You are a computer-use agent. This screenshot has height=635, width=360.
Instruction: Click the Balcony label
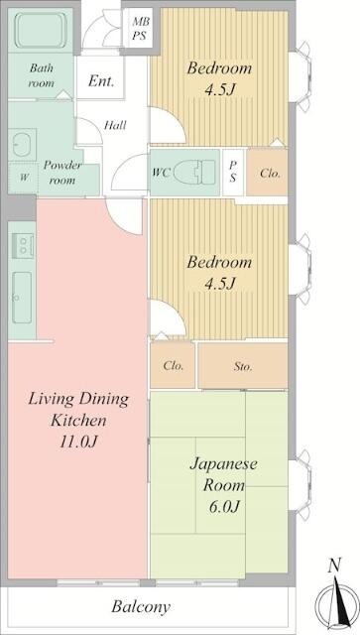pos(140,606)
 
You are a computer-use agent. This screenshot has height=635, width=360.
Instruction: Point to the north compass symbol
pos(336,600)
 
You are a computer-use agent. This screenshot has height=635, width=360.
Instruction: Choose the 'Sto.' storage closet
pos(243,366)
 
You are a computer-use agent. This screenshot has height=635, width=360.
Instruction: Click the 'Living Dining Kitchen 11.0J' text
pos(77,419)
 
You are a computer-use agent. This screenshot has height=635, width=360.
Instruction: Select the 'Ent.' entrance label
pos(100,81)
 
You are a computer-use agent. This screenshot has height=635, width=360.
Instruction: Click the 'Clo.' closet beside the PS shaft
pos(270,173)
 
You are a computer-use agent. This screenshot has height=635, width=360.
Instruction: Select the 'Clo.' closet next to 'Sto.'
pos(173,366)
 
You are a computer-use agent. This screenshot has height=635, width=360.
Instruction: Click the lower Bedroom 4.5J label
pos(220,273)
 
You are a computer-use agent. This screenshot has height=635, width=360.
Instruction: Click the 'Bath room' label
pos(41,76)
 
